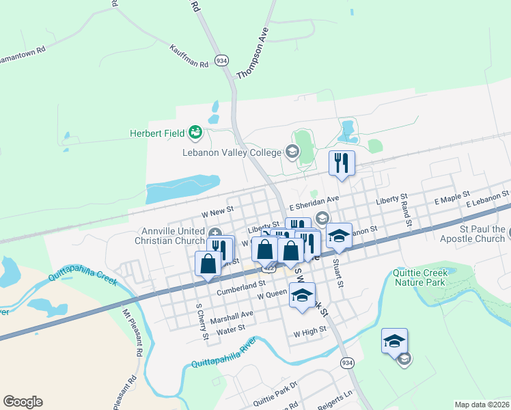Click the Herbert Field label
coord(158,133)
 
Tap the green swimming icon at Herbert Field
coord(196,131)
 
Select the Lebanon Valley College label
coord(232,152)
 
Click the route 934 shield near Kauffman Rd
coord(221,59)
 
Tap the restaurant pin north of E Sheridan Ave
coord(342,164)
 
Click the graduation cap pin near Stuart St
coord(339,236)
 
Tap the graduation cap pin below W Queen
coord(302,296)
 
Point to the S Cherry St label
coord(202,321)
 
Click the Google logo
coord(23,402)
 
